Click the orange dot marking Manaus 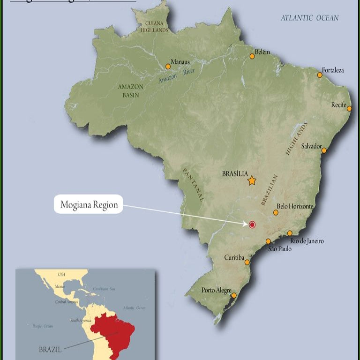[168, 67]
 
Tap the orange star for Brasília [252, 180]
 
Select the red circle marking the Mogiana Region [252, 225]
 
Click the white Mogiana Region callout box [89, 205]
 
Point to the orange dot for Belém [252, 56]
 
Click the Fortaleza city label [333, 70]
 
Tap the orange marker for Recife [349, 108]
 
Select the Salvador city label [311, 146]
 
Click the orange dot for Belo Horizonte [276, 212]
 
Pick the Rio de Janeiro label [307, 241]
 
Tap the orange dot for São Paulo [268, 241]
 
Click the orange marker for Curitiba [247, 262]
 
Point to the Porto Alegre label [217, 291]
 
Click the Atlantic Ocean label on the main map [309, 18]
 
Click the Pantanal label [193, 184]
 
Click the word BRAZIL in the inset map [49, 349]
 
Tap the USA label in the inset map [62, 274]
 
